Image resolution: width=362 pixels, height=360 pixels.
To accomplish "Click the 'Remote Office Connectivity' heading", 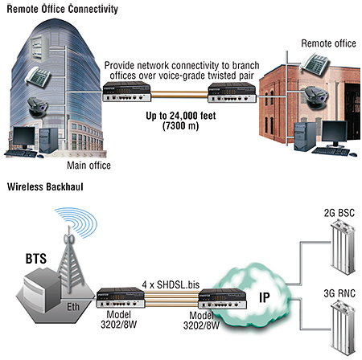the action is pyautogui.click(x=62, y=9).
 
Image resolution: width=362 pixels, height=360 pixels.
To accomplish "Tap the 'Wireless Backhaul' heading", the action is pyautogui.click(x=45, y=186).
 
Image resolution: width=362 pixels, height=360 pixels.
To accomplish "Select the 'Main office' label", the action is pyautogui.click(x=88, y=166).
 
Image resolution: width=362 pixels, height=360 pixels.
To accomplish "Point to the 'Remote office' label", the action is pyautogui.click(x=328, y=43).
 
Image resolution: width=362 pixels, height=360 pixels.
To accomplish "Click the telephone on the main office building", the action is pyautogui.click(x=38, y=77).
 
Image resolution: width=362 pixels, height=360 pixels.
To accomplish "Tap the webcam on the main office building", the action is pyautogui.click(x=38, y=108).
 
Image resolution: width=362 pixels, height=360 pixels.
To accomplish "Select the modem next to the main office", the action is pyautogui.click(x=127, y=92).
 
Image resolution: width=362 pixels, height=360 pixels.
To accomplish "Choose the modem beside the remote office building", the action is pyautogui.click(x=232, y=92).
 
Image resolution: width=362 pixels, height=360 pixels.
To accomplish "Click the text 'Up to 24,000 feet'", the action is pyautogui.click(x=181, y=116).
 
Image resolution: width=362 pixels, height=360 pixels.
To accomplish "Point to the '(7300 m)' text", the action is pyautogui.click(x=181, y=125).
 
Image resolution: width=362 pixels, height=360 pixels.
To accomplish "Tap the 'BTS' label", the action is pyautogui.click(x=36, y=259).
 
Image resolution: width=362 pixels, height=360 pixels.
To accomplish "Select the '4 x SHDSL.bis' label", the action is pyautogui.click(x=171, y=284).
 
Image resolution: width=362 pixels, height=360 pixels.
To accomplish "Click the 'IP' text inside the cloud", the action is pyautogui.click(x=265, y=297).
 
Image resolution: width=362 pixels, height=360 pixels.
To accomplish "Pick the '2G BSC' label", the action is pyautogui.click(x=339, y=213).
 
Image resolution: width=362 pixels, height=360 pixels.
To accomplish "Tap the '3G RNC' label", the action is pyautogui.click(x=339, y=293).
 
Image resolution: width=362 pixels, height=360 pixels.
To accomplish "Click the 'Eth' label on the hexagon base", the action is pyautogui.click(x=73, y=307).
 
